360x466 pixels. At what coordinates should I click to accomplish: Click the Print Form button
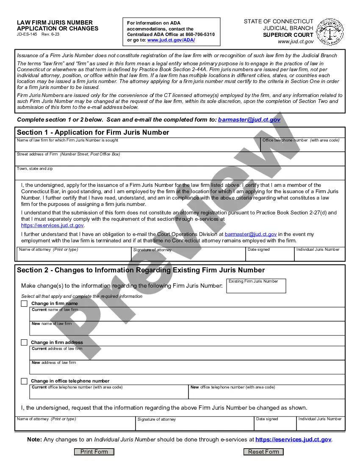pos(94,452)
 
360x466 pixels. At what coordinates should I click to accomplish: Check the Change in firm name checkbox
pos(24,303)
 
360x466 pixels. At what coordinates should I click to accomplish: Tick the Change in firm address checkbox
pos(24,342)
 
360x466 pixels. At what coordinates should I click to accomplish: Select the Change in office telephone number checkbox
pos(24,381)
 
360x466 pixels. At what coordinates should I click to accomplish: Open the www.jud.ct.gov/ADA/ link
pos(171,40)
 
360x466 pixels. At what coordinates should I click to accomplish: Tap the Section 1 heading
pos(93,133)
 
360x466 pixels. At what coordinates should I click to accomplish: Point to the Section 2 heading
pos(141,270)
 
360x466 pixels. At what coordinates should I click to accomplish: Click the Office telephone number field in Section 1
pos(302,146)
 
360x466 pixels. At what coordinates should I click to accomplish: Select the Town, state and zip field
pos(180,174)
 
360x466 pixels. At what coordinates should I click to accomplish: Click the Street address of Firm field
pos(180,160)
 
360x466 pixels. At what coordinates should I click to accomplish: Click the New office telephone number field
pos(266,394)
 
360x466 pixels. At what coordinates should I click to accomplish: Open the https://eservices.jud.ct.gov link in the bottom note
pos(294,440)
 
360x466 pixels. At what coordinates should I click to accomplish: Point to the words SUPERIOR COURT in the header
pos(288,35)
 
